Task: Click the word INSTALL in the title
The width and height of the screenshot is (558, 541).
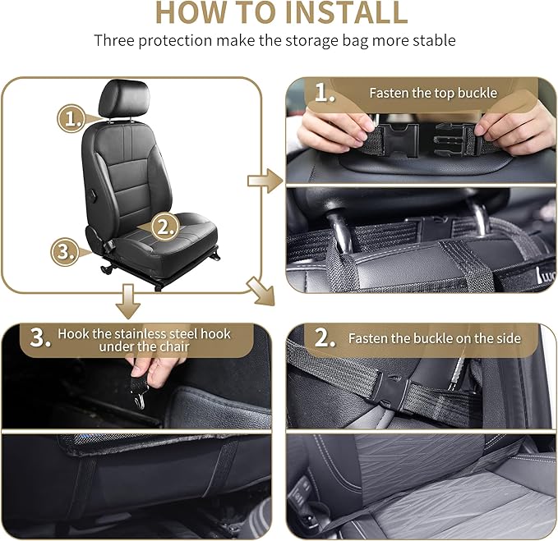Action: (337, 13)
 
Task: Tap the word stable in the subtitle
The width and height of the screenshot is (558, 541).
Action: (433, 40)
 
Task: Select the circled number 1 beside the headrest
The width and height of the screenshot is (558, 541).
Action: (72, 118)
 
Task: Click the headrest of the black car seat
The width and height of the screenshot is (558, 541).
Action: (123, 99)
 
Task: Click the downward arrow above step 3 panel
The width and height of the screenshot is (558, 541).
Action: (127, 301)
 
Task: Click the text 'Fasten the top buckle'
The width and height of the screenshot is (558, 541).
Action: (432, 93)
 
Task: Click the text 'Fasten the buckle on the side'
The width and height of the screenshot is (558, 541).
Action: (433, 338)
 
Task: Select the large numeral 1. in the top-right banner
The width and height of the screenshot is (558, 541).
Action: (325, 94)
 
